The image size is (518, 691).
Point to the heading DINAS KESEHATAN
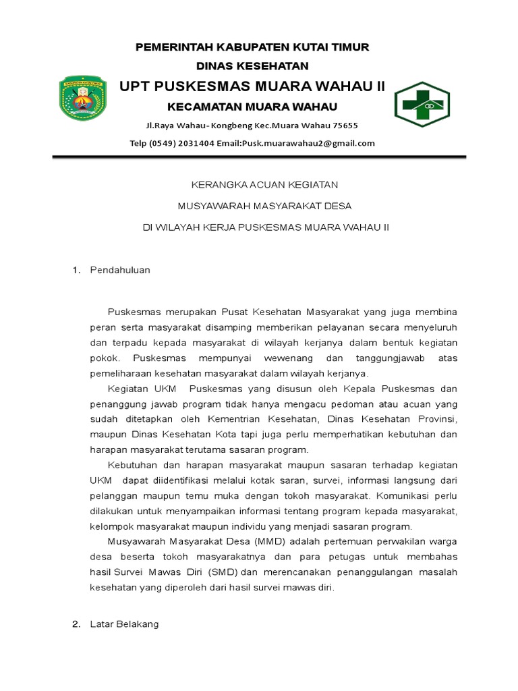coord(252,66)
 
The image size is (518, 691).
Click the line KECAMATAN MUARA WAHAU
coord(252,107)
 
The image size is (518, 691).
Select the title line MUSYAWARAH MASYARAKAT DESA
coord(264,206)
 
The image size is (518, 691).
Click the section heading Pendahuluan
coord(120,270)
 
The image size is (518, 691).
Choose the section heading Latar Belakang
coord(124,624)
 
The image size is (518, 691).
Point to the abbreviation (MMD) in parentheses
coord(270,541)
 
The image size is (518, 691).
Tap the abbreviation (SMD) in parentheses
coord(222,572)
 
